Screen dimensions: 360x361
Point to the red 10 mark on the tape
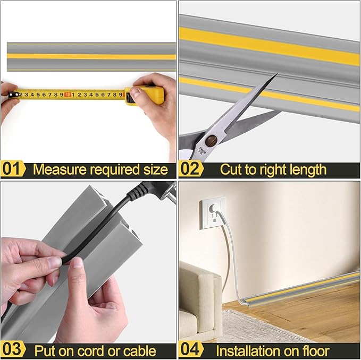point(68,95)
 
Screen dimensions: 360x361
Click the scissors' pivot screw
point(212,141)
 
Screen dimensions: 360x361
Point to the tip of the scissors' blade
point(276,75)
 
